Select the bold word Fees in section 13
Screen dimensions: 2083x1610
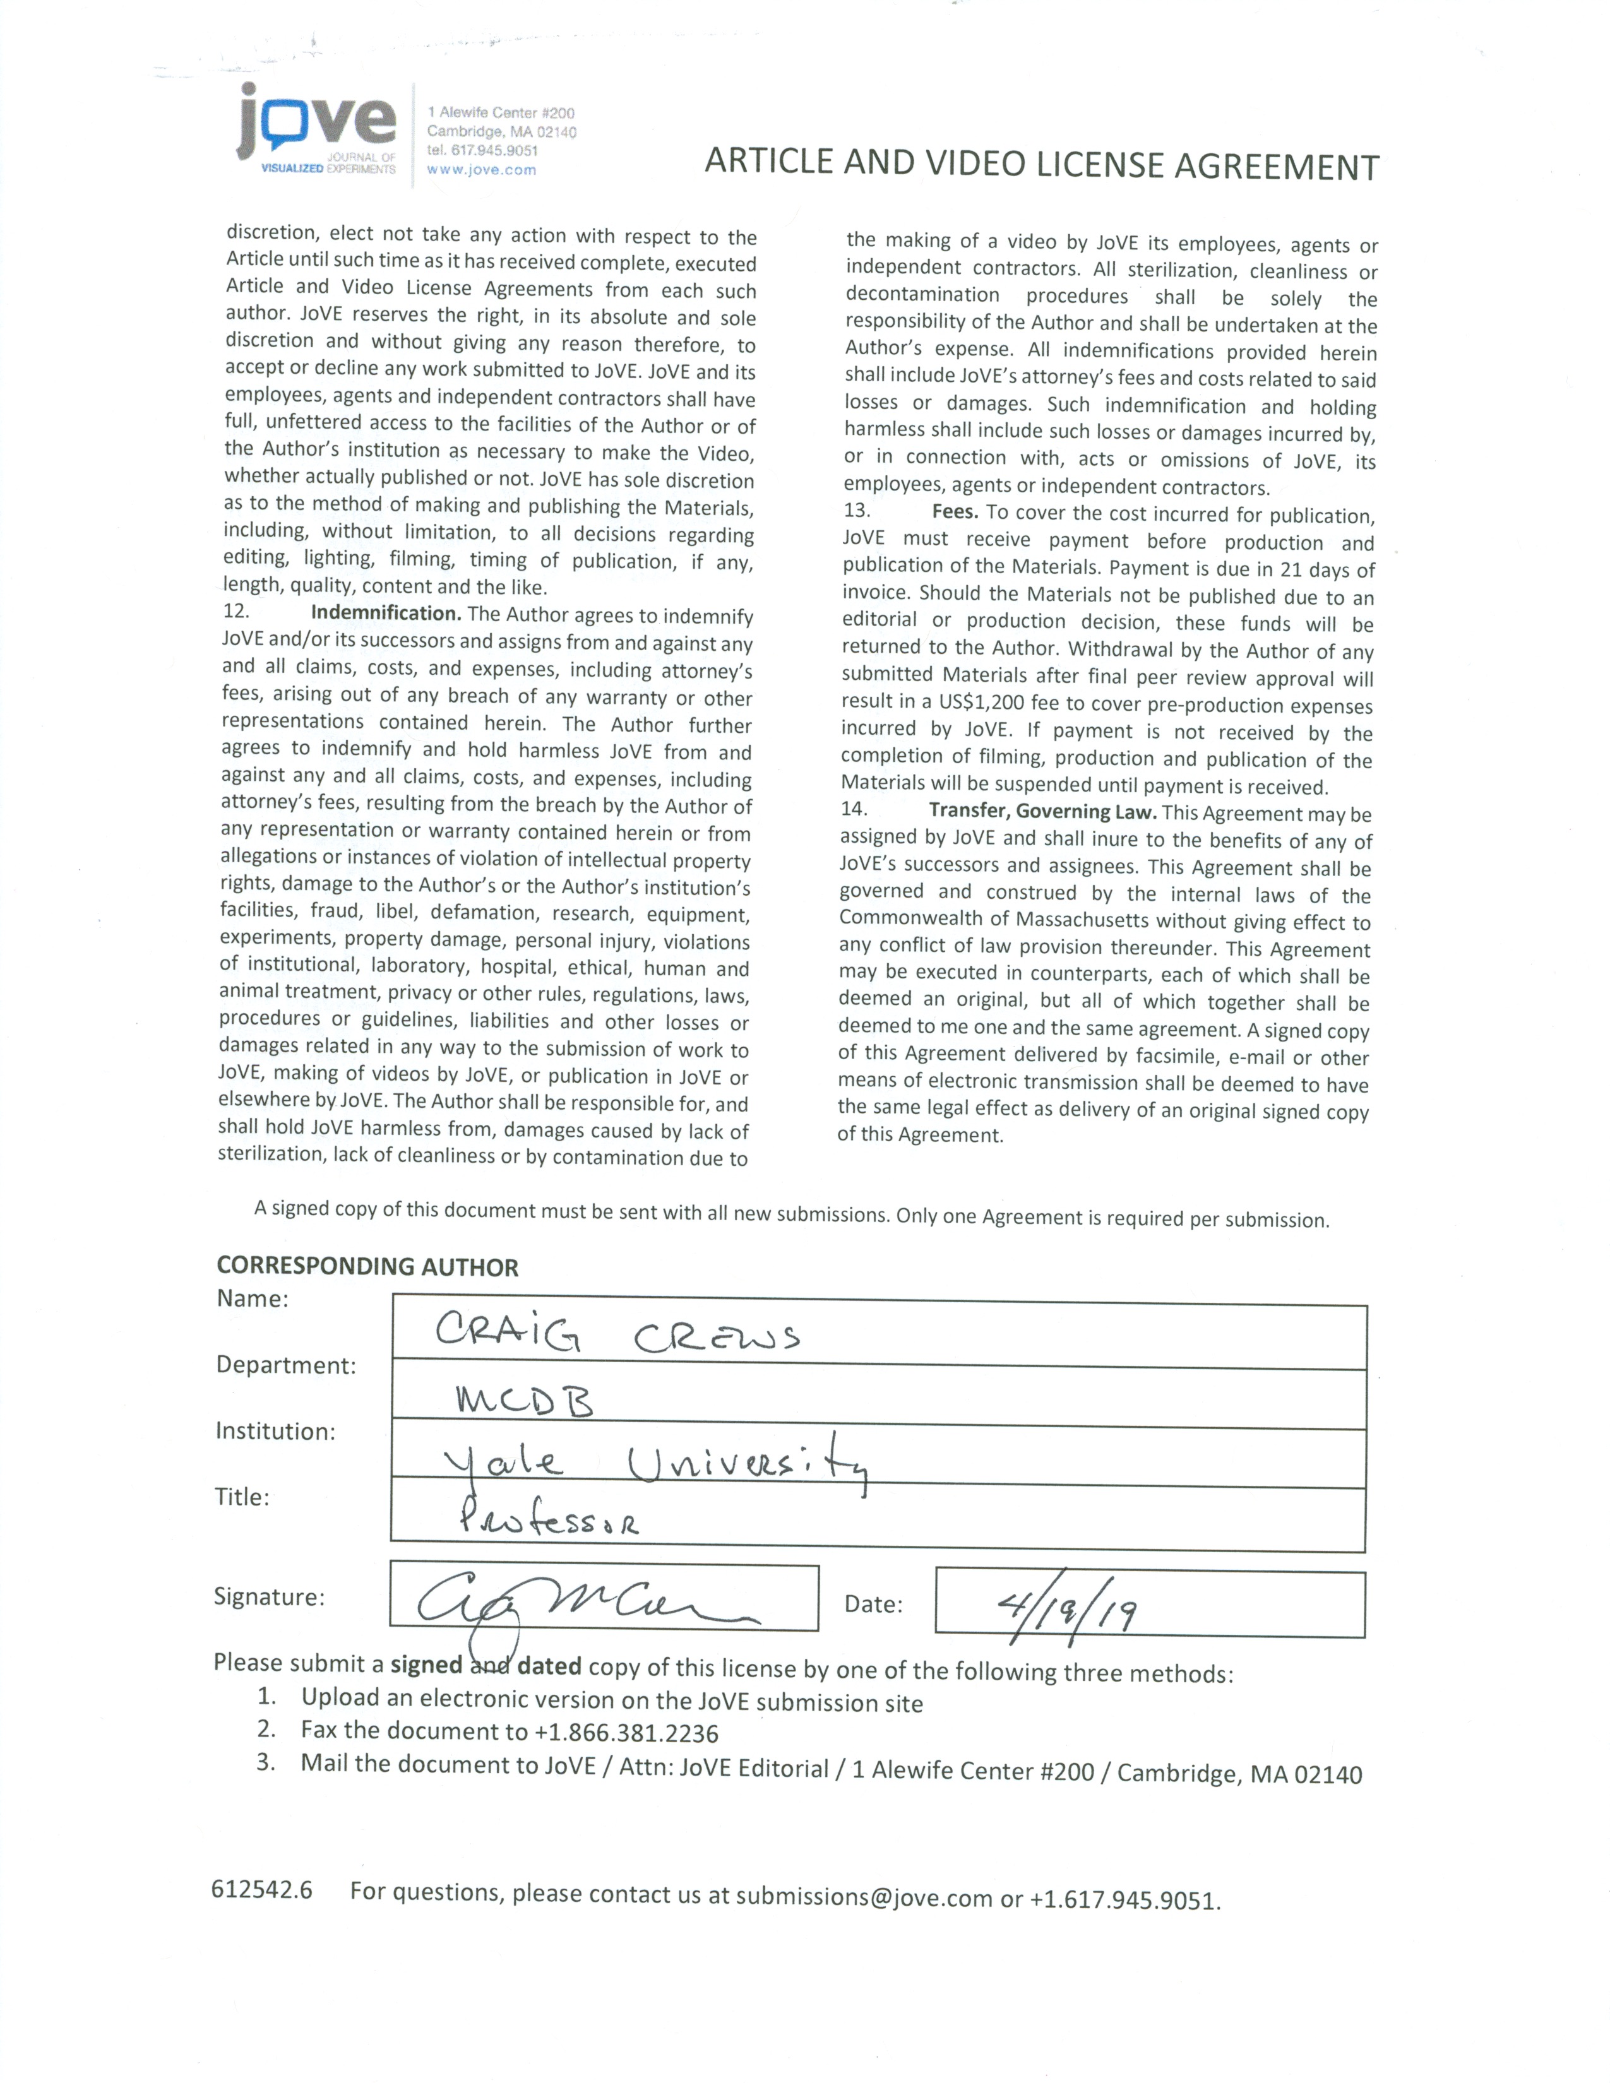[955, 512]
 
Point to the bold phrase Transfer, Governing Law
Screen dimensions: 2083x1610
[1042, 812]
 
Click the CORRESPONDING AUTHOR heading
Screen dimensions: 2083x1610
[367, 1267]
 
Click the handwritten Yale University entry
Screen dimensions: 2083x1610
[655, 1463]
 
